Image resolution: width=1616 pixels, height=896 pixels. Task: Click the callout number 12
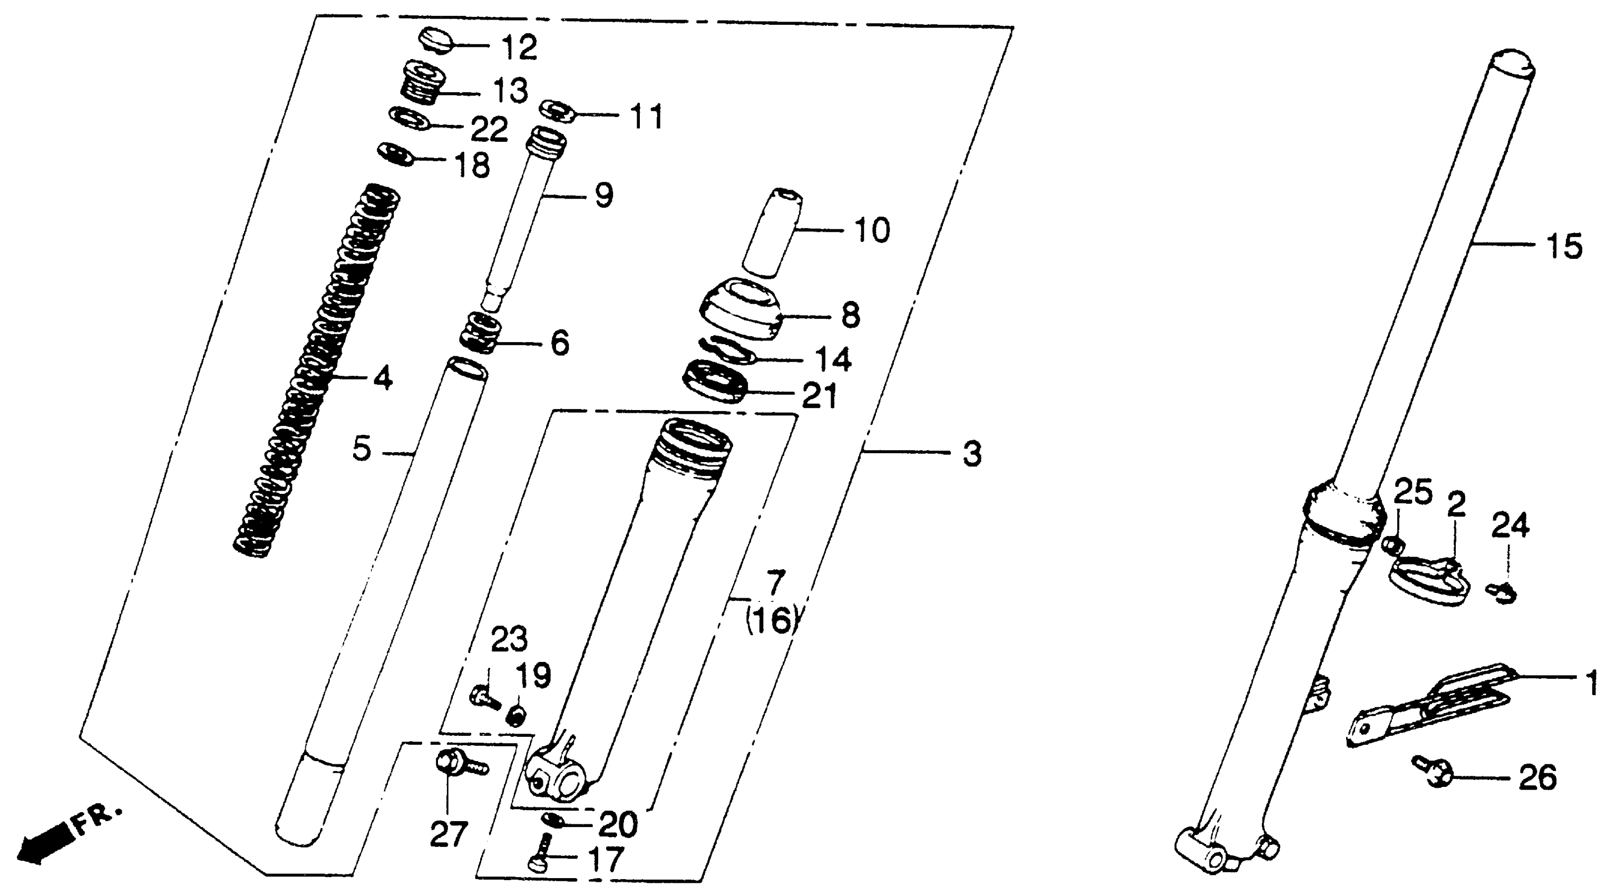point(519,47)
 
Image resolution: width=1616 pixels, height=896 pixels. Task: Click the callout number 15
point(1563,246)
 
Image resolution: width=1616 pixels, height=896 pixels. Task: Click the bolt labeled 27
point(455,767)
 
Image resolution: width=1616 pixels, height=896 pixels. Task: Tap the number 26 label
point(1537,777)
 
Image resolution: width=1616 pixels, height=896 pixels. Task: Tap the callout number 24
point(1510,526)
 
